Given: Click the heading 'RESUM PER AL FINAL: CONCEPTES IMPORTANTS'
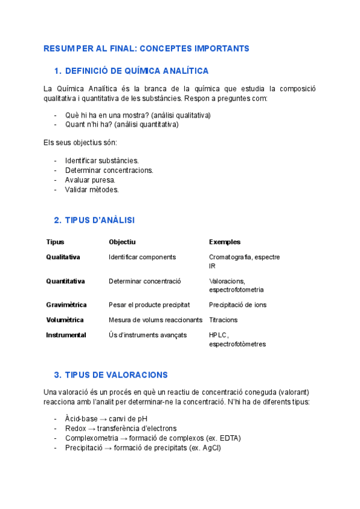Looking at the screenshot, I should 146,48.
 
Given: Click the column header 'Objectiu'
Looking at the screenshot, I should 122,242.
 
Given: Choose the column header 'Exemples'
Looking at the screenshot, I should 224,242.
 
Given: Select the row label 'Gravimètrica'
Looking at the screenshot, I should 66,305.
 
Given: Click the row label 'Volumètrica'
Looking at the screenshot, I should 65,320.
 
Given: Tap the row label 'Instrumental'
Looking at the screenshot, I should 66,335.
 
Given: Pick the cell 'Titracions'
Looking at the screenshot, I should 223,320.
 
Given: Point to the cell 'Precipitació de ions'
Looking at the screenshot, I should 238,305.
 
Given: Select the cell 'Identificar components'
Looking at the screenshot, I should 142,257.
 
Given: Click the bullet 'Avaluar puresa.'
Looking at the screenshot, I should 90,180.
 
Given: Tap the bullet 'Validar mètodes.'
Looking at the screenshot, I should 92,190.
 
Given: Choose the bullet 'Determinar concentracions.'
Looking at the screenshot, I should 109,170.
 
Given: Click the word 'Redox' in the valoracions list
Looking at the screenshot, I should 76,429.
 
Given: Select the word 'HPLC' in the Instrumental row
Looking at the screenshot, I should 218,335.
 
